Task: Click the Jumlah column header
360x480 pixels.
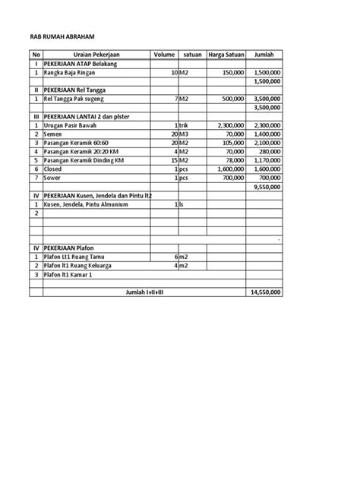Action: pyautogui.click(x=264, y=55)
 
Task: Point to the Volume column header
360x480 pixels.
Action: pyautogui.click(x=163, y=55)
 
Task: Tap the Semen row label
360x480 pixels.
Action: pyautogui.click(x=55, y=134)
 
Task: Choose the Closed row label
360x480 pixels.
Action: pyautogui.click(x=55, y=169)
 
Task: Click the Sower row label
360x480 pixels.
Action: pyautogui.click(x=55, y=177)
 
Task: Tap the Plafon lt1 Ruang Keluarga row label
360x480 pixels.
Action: pyautogui.click(x=84, y=265)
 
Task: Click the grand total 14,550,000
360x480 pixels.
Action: pyautogui.click(x=265, y=292)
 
